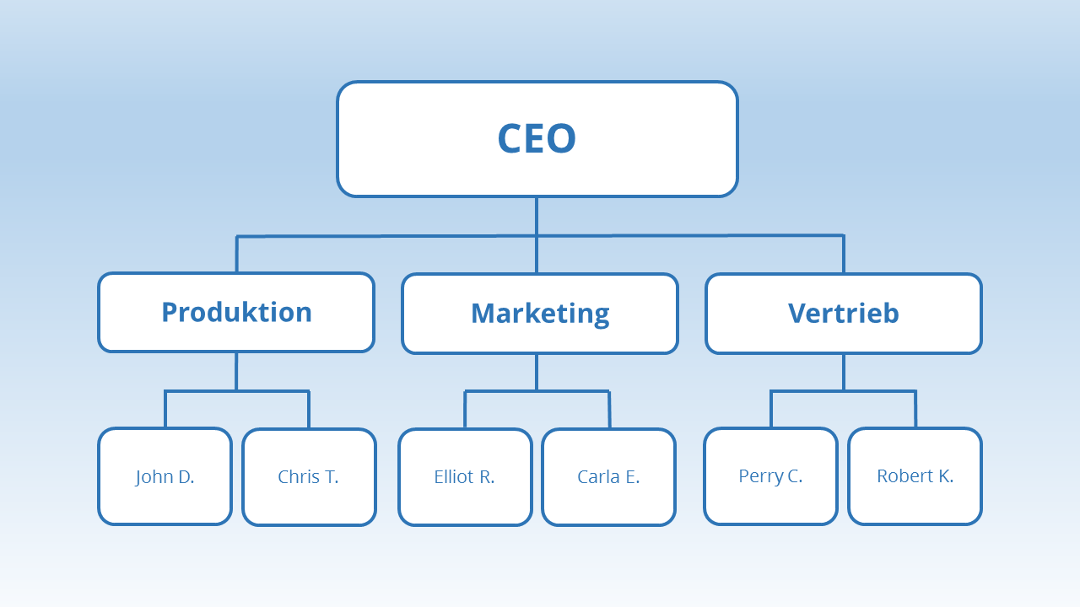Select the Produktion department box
[x=236, y=312]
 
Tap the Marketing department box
[x=540, y=313]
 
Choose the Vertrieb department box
[x=844, y=313]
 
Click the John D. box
[x=165, y=476]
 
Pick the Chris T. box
[x=309, y=476]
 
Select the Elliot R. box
[x=465, y=476]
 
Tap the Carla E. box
[x=608, y=476]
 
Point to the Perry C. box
[x=770, y=475]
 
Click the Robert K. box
[x=915, y=475]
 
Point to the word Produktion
[x=236, y=312]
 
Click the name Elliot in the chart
[x=454, y=476]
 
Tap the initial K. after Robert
[x=945, y=475]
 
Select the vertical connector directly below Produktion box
[x=236, y=371]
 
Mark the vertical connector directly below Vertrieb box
[x=844, y=372]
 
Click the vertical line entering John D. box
[x=165, y=410]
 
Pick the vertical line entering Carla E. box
[x=609, y=410]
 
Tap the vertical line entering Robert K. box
[x=915, y=410]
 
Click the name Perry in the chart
[x=760, y=475]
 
